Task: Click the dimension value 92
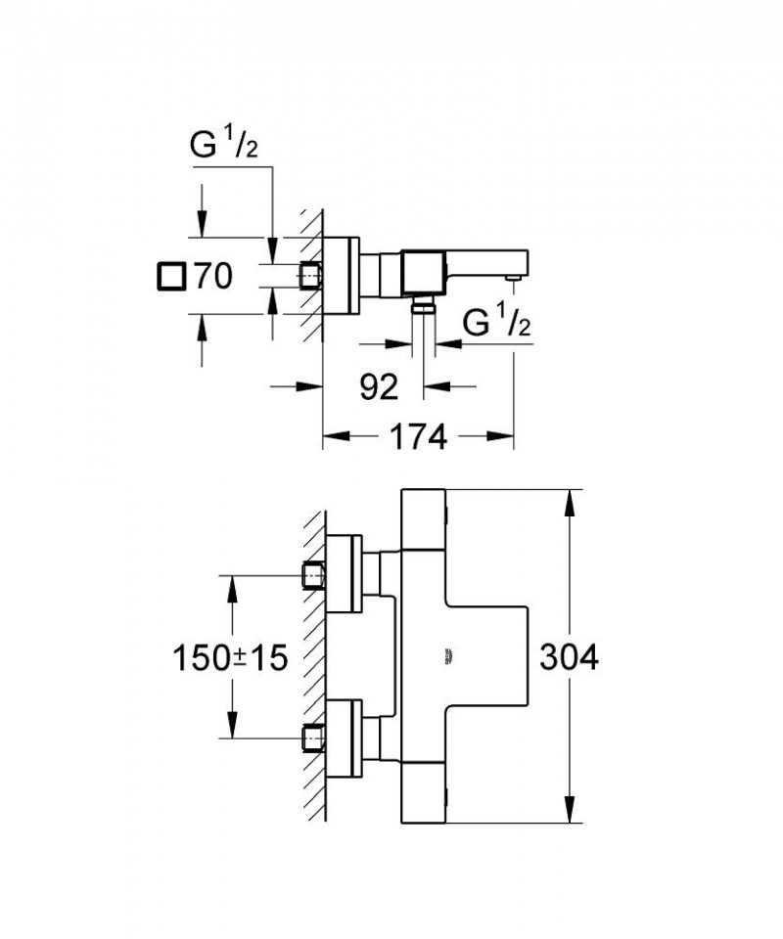(x=379, y=388)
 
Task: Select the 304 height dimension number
(x=568, y=658)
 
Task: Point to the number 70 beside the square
(x=210, y=278)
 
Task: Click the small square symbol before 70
(x=169, y=278)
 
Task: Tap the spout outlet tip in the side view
(x=511, y=280)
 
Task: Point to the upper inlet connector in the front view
(x=313, y=575)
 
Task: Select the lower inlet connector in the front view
(x=313, y=737)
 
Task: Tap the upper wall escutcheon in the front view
(x=344, y=575)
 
